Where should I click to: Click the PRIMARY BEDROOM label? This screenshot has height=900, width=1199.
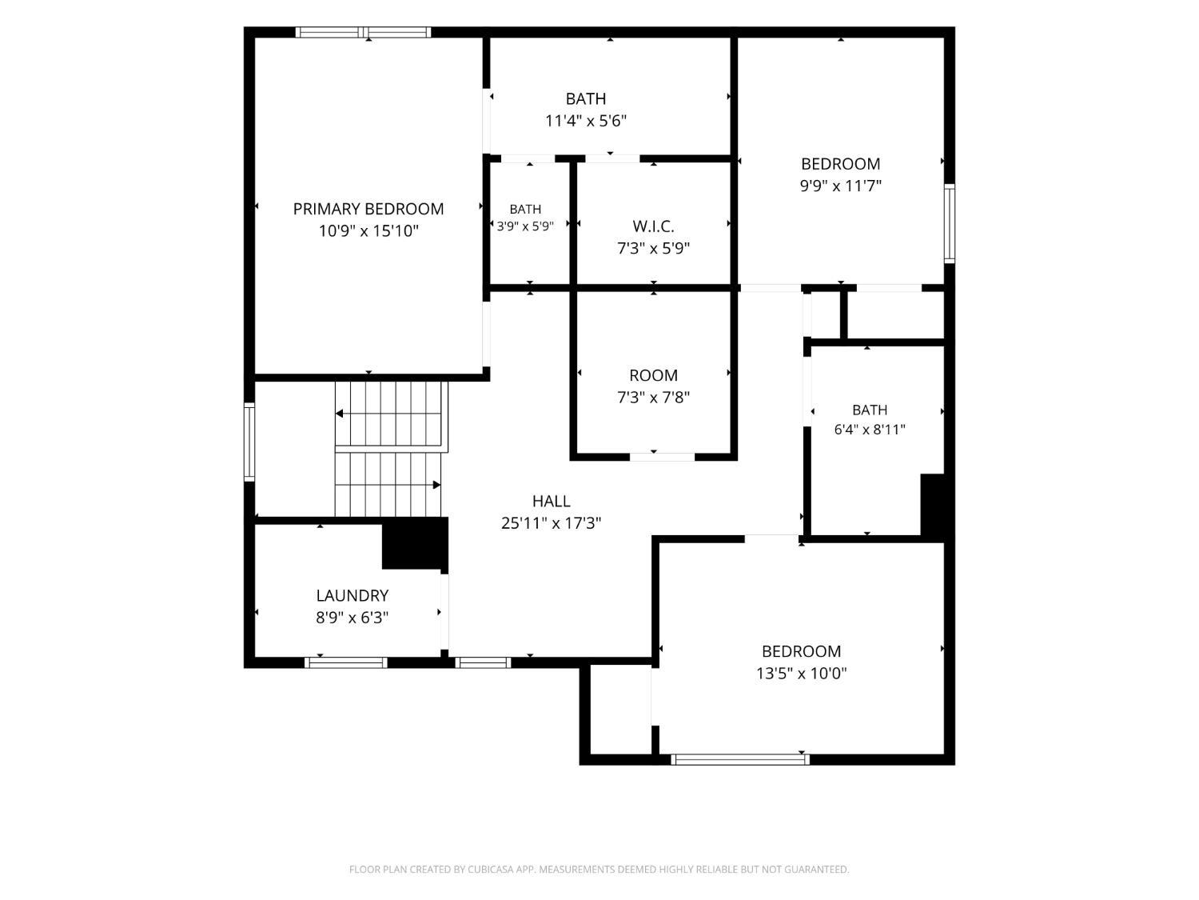[368, 209]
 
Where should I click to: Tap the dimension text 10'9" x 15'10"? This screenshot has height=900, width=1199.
[368, 231]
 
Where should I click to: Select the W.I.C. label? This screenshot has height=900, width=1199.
[653, 226]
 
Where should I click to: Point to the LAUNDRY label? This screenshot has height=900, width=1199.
[353, 595]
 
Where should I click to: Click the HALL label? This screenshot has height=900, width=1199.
[552, 501]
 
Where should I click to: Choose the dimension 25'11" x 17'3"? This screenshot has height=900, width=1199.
[552, 523]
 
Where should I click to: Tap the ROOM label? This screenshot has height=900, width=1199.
[653, 375]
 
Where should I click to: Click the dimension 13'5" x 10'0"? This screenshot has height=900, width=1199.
[802, 674]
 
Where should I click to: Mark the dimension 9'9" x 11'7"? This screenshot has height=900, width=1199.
[841, 186]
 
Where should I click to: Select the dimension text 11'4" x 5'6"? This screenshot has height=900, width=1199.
[586, 121]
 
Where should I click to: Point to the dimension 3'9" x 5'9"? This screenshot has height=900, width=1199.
[525, 226]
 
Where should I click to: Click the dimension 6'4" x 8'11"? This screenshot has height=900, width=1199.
[870, 430]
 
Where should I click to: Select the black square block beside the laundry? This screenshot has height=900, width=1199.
[415, 544]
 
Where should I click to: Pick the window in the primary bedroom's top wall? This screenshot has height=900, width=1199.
[363, 32]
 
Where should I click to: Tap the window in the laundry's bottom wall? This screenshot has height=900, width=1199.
[346, 663]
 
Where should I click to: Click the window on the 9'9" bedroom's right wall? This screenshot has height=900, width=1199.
[950, 223]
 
